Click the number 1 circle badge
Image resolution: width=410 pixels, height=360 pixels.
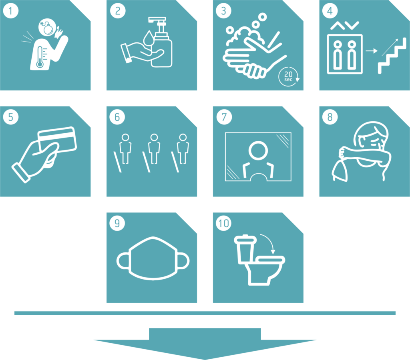pos(11,11)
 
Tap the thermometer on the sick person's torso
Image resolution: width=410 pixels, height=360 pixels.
pos(40,57)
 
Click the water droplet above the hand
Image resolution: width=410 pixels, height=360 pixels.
pos(149,38)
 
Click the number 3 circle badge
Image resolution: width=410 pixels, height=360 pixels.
pos(223,11)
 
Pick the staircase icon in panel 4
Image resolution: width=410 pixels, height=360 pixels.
pos(392,56)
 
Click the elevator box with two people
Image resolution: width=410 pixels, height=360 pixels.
pos(345,54)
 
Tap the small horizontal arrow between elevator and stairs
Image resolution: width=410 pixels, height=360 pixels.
pos(372,51)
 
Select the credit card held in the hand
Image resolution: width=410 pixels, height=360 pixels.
pos(57,140)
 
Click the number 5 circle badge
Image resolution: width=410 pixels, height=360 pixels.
pos(11,117)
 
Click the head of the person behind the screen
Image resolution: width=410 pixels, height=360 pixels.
pos(258,150)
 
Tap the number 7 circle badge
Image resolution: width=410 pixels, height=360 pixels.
pos(224,117)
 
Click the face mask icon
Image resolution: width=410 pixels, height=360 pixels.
pos(153,259)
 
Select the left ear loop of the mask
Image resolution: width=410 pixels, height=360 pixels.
pos(123,261)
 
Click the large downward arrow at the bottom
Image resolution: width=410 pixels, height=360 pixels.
pos(205,344)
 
